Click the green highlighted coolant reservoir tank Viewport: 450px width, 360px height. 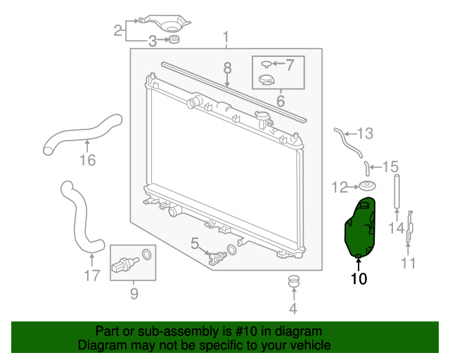tap(360, 227)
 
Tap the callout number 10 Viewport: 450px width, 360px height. tap(359, 278)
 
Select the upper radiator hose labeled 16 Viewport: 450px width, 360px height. tap(83, 134)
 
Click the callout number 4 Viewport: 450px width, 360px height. tap(293, 309)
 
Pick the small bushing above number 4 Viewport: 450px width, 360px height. tap(294, 281)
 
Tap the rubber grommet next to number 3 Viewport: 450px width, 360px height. tap(174, 39)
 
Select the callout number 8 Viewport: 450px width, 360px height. tap(227, 68)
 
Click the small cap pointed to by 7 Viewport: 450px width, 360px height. tap(266, 64)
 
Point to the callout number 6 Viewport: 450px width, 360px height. tap(281, 101)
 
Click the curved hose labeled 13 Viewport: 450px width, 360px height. tap(348, 143)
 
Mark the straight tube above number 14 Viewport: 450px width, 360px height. tap(397, 191)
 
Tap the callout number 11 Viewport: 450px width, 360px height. tap(408, 263)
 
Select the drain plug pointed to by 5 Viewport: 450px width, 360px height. tap(217, 256)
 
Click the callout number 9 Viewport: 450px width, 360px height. tap(134, 293)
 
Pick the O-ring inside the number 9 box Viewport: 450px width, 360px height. tap(147, 255)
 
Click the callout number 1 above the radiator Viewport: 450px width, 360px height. tap(226, 37)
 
